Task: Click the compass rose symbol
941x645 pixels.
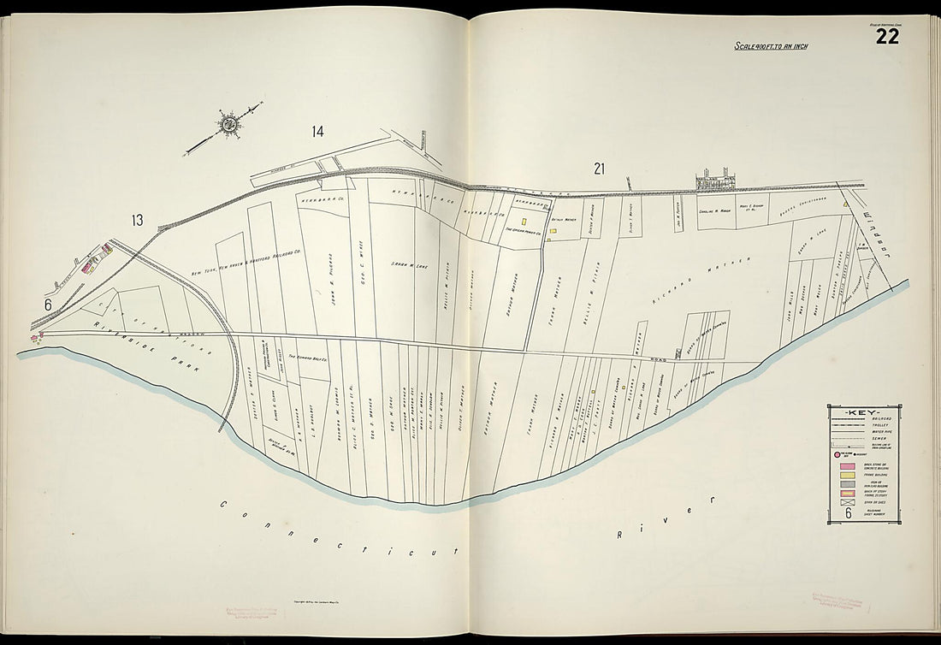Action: (229, 125)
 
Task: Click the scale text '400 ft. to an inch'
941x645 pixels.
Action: (771, 45)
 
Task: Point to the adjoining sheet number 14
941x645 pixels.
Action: (317, 132)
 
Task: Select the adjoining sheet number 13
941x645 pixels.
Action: (137, 221)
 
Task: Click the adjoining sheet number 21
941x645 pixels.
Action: (599, 169)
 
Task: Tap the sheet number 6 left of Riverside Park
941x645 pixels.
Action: (49, 304)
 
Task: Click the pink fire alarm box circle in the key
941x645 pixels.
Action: (838, 456)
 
